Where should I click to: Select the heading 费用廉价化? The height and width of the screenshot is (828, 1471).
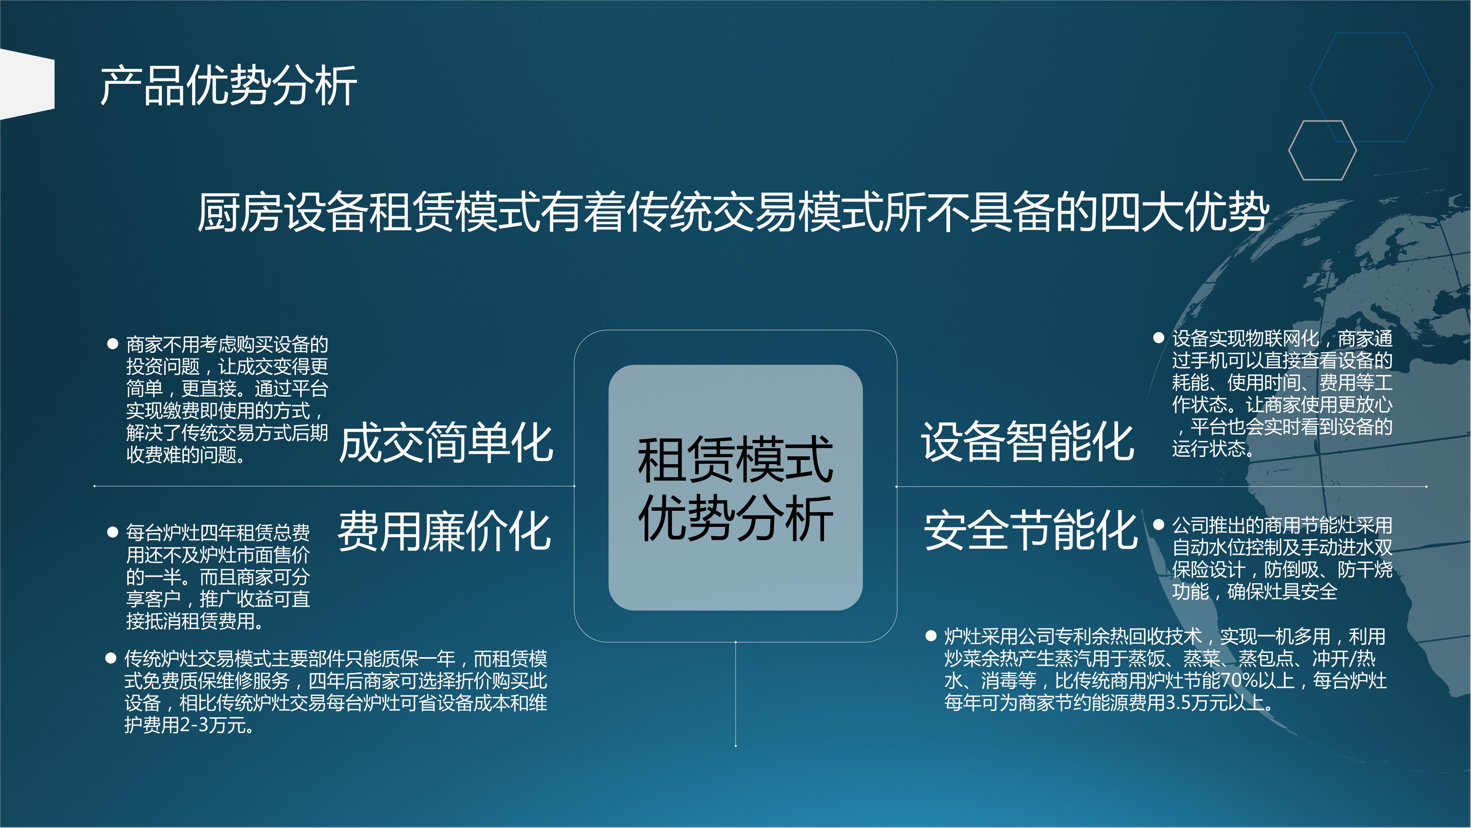(444, 531)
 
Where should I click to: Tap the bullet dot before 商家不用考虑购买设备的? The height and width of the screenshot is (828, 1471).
(113, 343)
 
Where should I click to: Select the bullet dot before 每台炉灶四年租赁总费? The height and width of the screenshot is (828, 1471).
(113, 532)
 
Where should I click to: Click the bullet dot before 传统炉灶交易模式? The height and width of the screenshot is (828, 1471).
(111, 658)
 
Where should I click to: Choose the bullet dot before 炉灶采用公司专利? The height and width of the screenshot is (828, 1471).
(931, 636)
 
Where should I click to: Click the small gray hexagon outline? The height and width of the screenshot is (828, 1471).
(1322, 150)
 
